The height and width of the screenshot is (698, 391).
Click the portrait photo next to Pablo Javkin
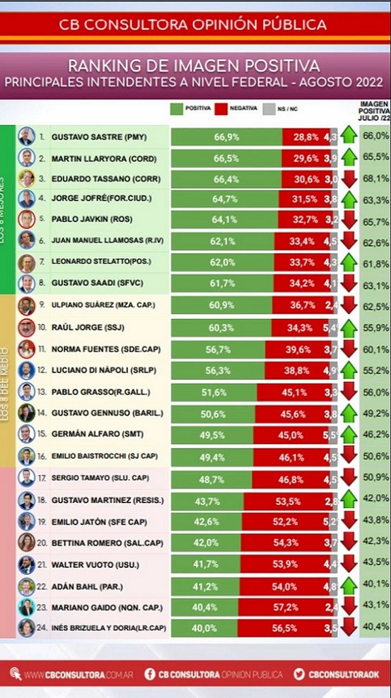[26, 220]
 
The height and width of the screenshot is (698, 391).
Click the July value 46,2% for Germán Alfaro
[375, 435]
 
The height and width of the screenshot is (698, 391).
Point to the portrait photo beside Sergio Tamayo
[26, 478]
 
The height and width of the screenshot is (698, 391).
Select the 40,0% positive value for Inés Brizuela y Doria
[209, 629]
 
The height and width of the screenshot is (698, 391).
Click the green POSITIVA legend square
[176, 109]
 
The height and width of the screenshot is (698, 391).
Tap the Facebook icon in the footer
[151, 673]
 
